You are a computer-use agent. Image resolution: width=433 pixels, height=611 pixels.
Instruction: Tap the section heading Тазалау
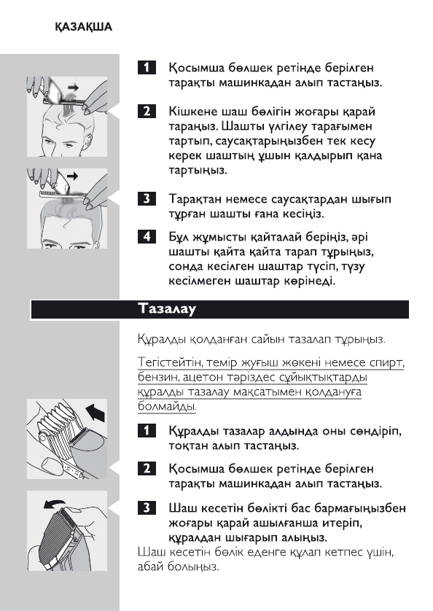[168, 308]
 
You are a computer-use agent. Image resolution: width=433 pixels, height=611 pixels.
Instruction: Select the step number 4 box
[147, 237]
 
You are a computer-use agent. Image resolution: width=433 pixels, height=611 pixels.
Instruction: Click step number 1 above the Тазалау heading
[147, 69]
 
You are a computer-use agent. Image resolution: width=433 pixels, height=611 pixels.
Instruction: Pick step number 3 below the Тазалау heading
[147, 507]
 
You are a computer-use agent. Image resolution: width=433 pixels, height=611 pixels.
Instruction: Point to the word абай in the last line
[150, 567]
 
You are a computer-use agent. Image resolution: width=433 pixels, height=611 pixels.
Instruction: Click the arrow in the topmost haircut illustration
[73, 87]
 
